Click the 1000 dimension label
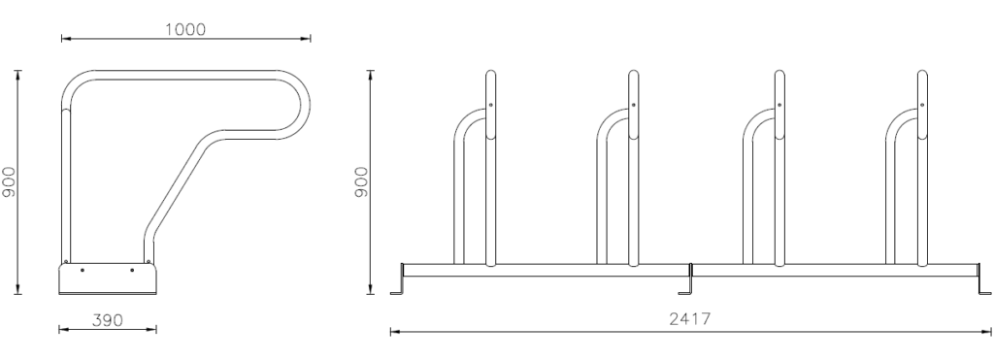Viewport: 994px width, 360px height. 185,29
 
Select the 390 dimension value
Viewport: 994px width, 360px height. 107,321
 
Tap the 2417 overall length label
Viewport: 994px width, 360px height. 690,319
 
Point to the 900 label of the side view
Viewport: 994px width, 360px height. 9,181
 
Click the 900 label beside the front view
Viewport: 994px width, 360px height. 361,181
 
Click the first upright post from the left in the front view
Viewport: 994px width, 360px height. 490,168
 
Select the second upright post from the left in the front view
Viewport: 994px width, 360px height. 633,168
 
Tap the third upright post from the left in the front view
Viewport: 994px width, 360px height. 779,168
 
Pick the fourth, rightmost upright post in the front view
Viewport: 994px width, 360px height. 922,168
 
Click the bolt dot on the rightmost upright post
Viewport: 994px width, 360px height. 922,105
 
